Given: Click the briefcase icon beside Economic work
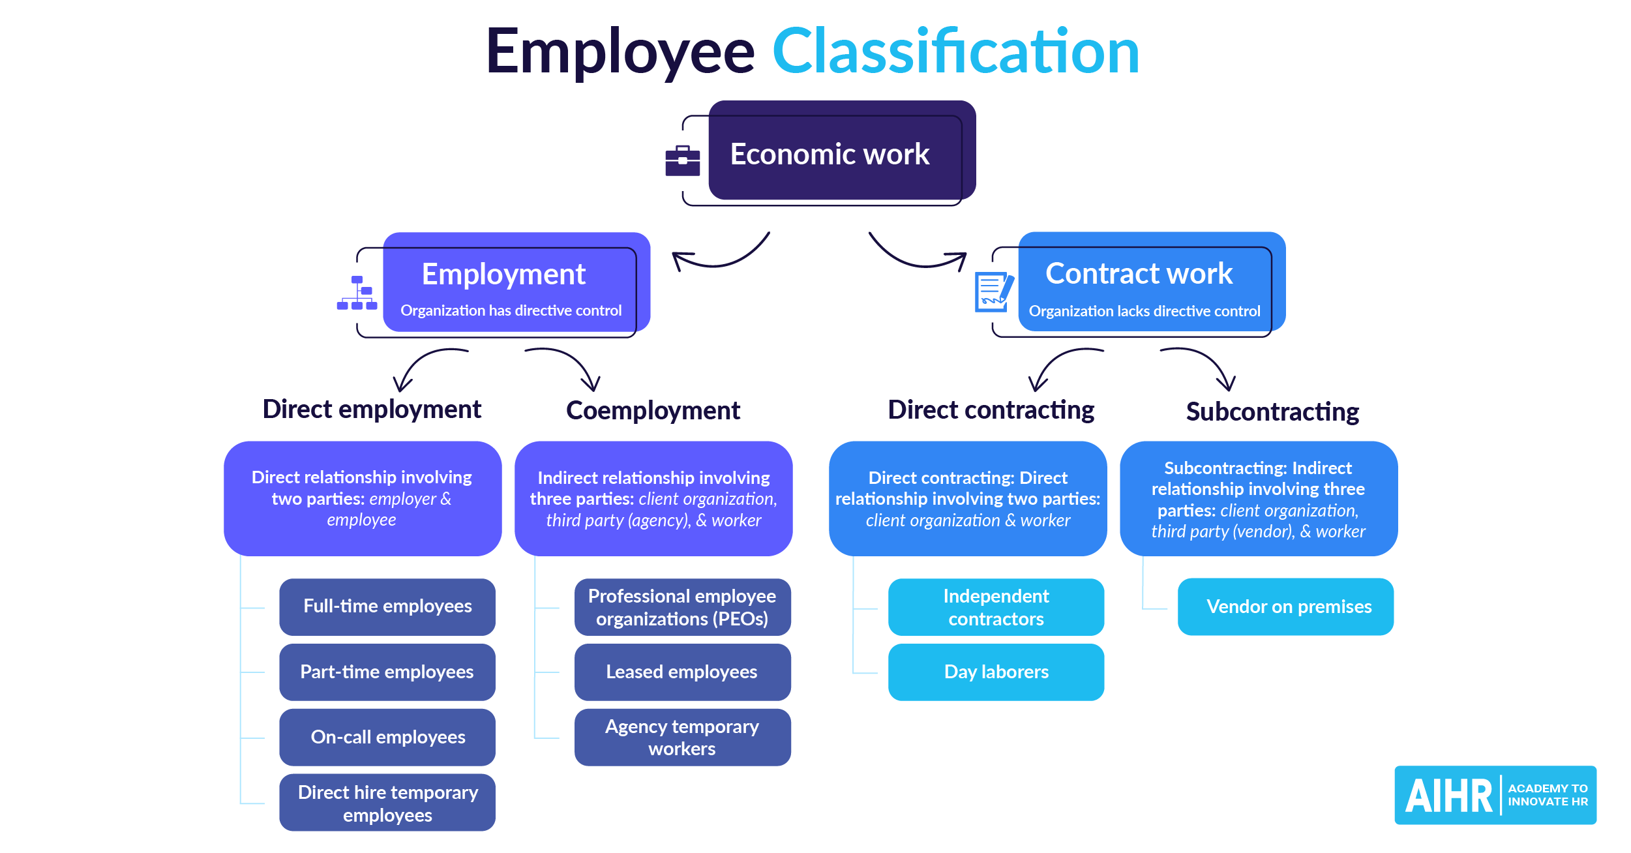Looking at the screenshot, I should (682, 160).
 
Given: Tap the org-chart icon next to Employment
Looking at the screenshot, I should (357, 293).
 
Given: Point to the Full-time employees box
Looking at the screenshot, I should (387, 606).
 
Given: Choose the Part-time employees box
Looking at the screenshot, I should (387, 672).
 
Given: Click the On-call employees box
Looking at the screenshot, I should (387, 737).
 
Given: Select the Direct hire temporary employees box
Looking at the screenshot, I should (387, 803).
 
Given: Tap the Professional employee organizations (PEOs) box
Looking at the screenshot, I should (682, 606).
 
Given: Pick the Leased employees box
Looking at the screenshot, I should (682, 672).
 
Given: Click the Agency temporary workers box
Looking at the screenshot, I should (682, 737).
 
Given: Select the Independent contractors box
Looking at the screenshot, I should (996, 606).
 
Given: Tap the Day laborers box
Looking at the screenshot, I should (996, 672).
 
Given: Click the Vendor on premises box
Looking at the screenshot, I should (1285, 606).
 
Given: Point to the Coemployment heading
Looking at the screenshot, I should (653, 411).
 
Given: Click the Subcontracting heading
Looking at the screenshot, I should (1272, 412).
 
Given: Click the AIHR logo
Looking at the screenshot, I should (1495, 795).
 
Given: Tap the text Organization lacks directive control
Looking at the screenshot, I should (1145, 311).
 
